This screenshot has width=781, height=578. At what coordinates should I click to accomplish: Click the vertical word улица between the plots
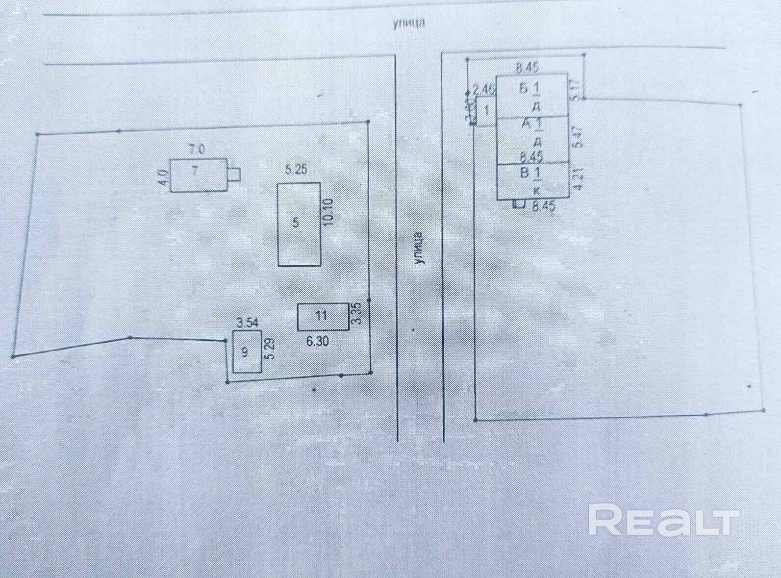coord(419,248)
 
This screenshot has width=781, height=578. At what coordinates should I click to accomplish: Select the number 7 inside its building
coord(195,172)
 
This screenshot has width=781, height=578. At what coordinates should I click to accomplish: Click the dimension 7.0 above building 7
coord(198,148)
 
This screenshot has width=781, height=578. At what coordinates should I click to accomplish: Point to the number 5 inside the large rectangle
coord(296,223)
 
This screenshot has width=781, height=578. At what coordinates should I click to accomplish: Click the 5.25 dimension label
coord(296,170)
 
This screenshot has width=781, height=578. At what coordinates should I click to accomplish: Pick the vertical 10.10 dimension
coord(328,211)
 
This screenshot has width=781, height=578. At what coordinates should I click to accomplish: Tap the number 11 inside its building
coord(321,315)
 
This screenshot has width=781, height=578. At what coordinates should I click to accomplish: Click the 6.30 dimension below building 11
coord(317,341)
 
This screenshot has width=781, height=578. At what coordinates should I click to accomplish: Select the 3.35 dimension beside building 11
coord(357,314)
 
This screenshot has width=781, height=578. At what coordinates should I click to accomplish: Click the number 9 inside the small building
coord(245,352)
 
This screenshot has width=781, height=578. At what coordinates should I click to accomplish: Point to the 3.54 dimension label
coord(247,323)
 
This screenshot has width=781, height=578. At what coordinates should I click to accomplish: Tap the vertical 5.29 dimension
coord(269,350)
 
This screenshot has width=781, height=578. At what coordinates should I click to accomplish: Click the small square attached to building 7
coord(234,174)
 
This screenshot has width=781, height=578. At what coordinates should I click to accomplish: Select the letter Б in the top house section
coord(523,89)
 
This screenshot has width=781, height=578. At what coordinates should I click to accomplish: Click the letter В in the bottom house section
coord(524,173)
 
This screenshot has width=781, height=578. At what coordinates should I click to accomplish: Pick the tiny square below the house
coord(519,205)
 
